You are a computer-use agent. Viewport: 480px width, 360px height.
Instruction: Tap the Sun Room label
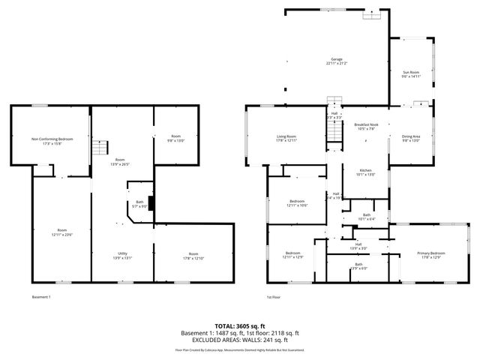point(411,72)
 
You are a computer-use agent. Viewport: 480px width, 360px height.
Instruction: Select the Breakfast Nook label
point(365,124)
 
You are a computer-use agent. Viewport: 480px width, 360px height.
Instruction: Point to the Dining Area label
point(411,136)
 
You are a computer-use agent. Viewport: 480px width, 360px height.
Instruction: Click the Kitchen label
point(365,170)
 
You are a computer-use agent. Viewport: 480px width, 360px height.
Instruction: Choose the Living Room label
point(286,136)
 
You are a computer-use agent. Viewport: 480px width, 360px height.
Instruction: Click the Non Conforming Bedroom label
point(52,139)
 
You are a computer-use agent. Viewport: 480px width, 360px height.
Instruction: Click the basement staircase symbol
point(102,148)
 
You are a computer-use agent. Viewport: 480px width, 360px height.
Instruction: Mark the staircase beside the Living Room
point(333,133)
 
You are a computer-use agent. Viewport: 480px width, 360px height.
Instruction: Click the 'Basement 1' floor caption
point(41,297)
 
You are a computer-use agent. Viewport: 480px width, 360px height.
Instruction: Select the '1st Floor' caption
point(273,297)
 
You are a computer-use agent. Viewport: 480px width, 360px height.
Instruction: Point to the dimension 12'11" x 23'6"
point(61,235)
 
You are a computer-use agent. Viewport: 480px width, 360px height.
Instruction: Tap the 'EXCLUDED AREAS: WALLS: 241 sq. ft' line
point(240,340)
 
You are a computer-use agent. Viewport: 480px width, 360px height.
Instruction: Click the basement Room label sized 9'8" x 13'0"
point(175,136)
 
